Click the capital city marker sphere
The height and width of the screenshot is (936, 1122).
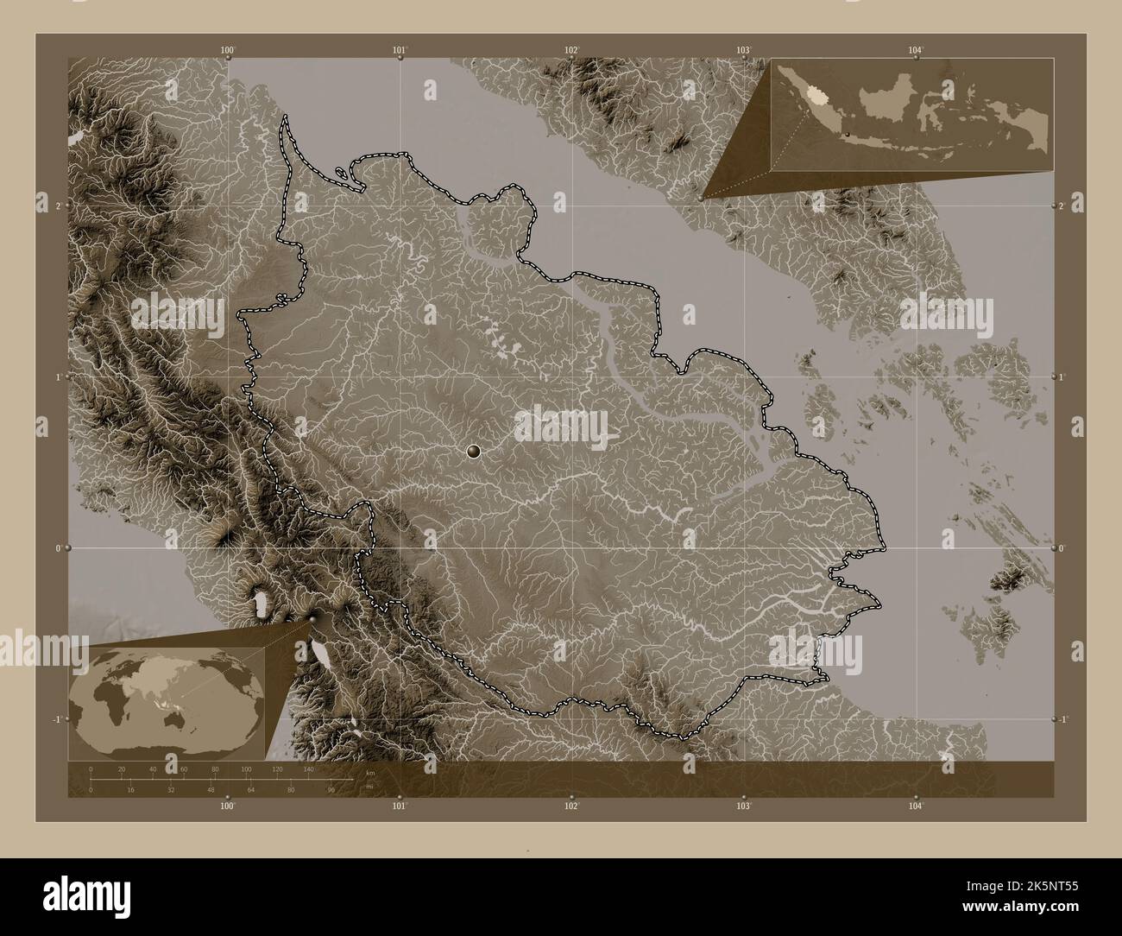coord(473,450)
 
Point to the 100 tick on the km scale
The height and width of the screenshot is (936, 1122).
coord(246,768)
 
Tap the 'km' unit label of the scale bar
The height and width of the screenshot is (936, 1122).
coord(370,773)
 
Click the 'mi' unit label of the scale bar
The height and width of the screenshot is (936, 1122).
coord(369,787)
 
